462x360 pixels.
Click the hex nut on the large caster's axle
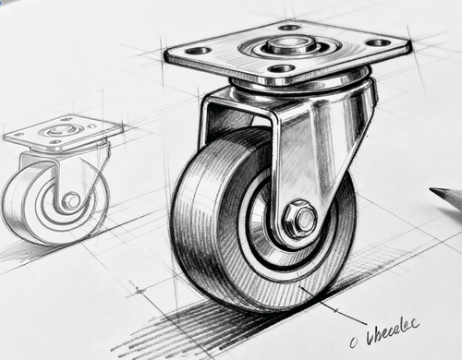coord(298,219)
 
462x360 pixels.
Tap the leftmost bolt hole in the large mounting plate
coord(198,51)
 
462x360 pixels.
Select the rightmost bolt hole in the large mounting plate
coord(377,42)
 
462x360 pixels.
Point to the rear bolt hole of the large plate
coord(289,27)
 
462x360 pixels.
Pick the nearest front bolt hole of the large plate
coord(282,68)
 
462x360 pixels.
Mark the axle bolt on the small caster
coord(71,200)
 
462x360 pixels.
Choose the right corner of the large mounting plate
coord(409,42)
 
